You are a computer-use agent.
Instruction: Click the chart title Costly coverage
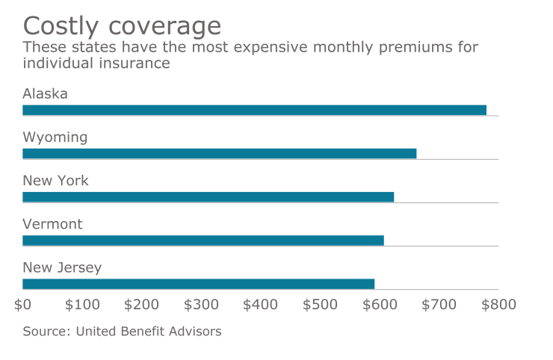(122, 25)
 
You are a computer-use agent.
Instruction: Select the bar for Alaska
(254, 110)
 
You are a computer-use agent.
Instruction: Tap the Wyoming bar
(219, 153)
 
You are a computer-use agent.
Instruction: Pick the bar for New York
(208, 197)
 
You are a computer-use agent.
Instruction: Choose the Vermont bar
(203, 240)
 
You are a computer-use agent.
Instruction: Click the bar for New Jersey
(198, 284)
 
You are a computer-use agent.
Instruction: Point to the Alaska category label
(46, 94)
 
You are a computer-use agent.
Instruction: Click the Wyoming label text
(55, 137)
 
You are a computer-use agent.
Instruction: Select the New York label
(55, 181)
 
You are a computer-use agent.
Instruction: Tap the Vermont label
(52, 224)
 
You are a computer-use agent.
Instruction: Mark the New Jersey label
(62, 267)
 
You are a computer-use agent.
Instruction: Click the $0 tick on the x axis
(22, 305)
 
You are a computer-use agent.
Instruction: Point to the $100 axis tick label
(82, 305)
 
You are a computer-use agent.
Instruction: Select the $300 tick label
(201, 305)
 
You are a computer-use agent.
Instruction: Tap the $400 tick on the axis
(261, 305)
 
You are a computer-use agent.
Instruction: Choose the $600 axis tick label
(380, 305)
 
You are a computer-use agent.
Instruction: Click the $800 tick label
(498, 305)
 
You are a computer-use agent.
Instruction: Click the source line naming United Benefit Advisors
(122, 331)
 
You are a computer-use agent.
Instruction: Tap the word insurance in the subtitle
(131, 63)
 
